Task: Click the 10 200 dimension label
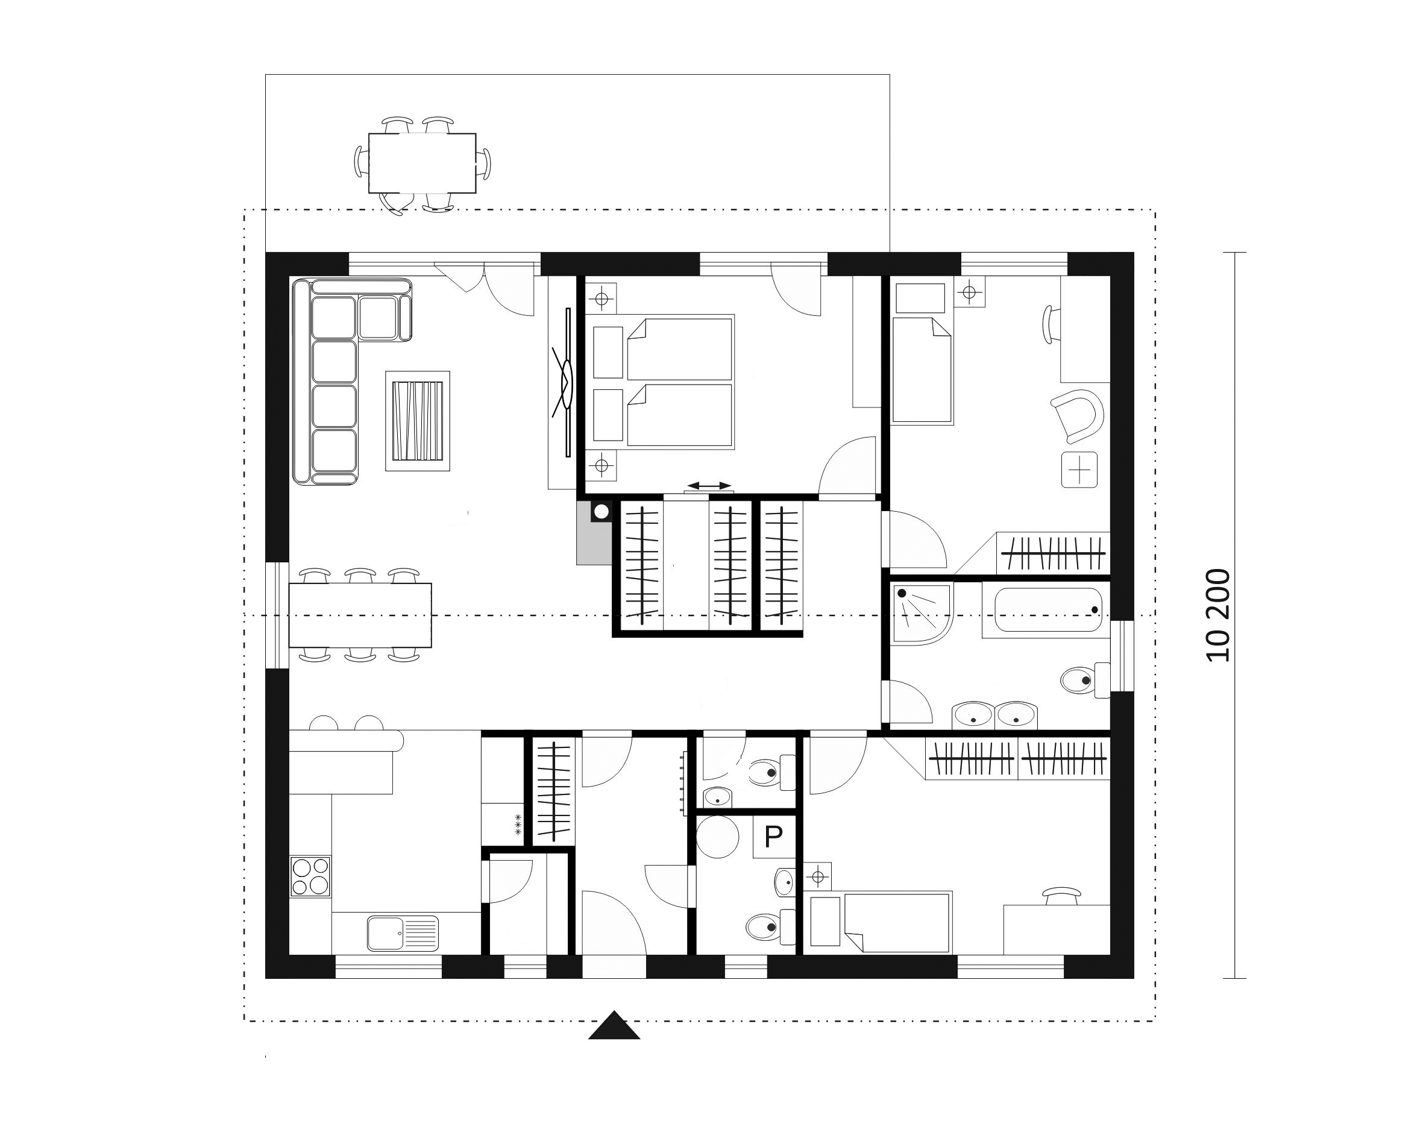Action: click(x=1218, y=615)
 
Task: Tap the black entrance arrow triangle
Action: click(x=614, y=1025)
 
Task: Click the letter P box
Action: click(x=773, y=837)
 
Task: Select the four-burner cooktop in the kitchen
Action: click(x=310, y=876)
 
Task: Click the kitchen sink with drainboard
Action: click(x=403, y=932)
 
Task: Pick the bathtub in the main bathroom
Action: click(x=1048, y=610)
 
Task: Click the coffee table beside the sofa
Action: click(x=417, y=421)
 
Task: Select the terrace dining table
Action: click(x=422, y=163)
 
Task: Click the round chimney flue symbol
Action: click(x=602, y=511)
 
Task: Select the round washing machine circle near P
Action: click(x=718, y=837)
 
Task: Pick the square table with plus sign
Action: click(x=1079, y=470)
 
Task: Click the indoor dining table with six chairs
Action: click(x=360, y=615)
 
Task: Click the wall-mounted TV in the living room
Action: click(x=568, y=382)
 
